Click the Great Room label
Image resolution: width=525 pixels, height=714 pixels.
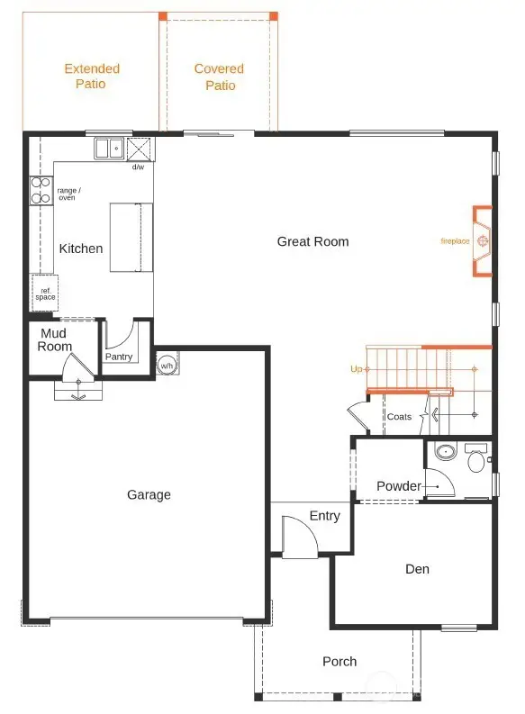312,241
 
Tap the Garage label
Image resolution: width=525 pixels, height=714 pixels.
149,494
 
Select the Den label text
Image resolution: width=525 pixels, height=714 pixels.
417,569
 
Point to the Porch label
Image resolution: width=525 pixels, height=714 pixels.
339,662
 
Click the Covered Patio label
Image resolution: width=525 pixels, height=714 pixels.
220,77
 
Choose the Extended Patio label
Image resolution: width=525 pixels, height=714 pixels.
92,77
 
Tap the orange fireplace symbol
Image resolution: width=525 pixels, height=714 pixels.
484,241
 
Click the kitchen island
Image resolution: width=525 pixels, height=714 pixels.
131,237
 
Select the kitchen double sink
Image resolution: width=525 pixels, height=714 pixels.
110,148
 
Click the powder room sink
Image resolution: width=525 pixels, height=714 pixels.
444,453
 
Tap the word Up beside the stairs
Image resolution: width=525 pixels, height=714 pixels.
357,369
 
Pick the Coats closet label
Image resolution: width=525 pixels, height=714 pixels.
399,417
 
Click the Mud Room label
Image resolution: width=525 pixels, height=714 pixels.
55,340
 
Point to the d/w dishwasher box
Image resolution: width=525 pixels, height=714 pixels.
140,149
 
